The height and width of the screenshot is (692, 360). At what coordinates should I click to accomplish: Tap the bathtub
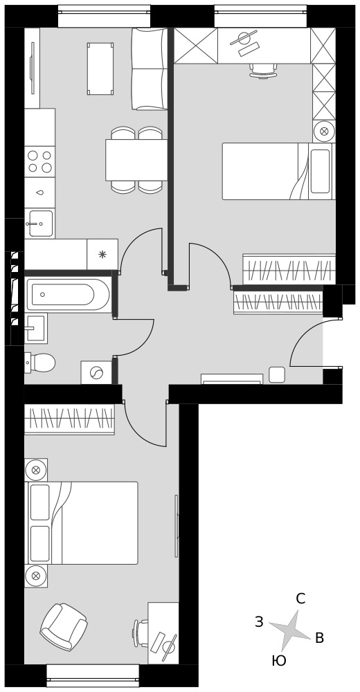coord(68,294)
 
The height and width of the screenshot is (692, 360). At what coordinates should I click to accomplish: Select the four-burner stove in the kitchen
coord(39,161)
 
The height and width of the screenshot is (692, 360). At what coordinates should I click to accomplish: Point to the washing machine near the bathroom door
coord(96,373)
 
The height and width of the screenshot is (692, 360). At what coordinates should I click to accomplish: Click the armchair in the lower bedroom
coord(63,627)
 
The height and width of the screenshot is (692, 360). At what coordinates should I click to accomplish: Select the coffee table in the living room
coord(100,69)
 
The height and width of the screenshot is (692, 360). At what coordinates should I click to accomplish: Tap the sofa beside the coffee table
coord(150,69)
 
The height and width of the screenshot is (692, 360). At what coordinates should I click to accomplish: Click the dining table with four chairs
coord(136,160)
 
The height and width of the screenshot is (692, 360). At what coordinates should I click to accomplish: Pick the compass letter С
coord(300,599)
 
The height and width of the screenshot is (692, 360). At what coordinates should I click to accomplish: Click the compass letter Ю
coord(279,661)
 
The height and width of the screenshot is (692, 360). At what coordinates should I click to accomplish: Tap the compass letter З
coord(260,622)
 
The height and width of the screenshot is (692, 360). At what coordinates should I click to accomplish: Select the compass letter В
coord(320,638)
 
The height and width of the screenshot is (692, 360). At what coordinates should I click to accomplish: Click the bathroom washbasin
coord(35,328)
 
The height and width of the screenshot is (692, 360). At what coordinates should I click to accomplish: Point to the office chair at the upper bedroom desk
coord(263,71)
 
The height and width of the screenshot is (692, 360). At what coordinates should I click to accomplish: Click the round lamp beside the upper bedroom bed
coord(324,131)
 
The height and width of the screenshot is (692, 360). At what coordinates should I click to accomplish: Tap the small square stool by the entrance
coord(277,374)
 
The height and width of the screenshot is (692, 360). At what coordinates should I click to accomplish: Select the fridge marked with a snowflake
coord(102,254)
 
